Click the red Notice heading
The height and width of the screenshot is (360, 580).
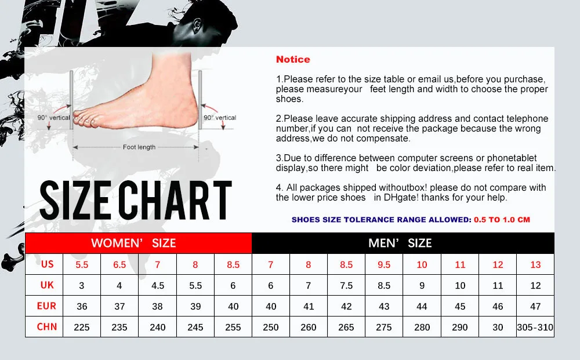pyautogui.click(x=293, y=59)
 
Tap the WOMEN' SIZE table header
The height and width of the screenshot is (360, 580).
pyautogui.click(x=133, y=243)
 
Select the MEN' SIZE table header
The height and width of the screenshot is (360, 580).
pyautogui.click(x=400, y=243)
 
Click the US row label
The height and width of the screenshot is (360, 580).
pyautogui.click(x=48, y=264)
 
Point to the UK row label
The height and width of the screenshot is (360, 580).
pyautogui.click(x=48, y=285)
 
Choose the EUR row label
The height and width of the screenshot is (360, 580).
pyautogui.click(x=48, y=306)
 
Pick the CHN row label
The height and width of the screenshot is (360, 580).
pyautogui.click(x=48, y=327)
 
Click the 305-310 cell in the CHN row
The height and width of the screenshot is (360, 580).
pyautogui.click(x=535, y=327)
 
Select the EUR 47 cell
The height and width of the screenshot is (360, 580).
pyautogui.click(x=535, y=306)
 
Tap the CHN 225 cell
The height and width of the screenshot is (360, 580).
pyautogui.click(x=82, y=327)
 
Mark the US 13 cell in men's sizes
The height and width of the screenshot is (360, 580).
pyautogui.click(x=535, y=264)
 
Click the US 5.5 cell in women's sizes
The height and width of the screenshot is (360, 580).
pyautogui.click(x=82, y=264)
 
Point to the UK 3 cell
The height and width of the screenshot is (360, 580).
pyautogui.click(x=82, y=285)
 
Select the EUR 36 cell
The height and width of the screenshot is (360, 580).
pyautogui.click(x=82, y=306)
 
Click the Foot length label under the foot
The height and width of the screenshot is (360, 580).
pyautogui.click(x=139, y=147)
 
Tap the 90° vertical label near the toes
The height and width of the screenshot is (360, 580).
pyautogui.click(x=53, y=118)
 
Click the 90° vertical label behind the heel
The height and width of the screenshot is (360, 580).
pyautogui.click(x=220, y=118)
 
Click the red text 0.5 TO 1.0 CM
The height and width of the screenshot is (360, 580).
pyautogui.click(x=502, y=220)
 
